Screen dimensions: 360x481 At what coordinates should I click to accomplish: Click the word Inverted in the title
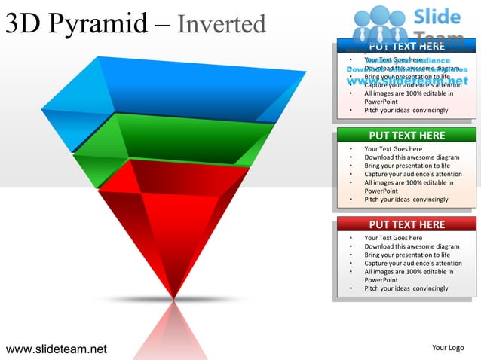[x=222, y=25]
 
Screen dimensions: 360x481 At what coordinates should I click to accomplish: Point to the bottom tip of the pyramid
[x=174, y=296]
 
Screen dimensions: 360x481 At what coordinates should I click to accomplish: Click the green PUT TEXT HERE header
[x=406, y=136]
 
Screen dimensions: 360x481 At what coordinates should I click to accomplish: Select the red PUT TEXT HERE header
[x=406, y=224]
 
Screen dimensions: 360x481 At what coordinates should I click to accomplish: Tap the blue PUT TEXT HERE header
[x=406, y=47]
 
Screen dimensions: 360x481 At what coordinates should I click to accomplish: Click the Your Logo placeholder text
[x=447, y=348]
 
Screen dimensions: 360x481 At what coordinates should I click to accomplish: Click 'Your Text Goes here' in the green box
[x=393, y=149]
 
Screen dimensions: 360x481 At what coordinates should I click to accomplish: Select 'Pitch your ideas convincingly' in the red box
[x=406, y=288]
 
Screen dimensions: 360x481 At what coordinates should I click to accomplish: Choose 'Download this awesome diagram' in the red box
[x=412, y=246]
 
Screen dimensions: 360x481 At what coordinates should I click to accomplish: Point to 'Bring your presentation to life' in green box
[x=407, y=166]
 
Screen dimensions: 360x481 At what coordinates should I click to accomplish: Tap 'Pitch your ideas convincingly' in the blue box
[x=406, y=111]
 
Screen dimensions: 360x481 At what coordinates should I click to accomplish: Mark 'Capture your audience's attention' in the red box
[x=413, y=264]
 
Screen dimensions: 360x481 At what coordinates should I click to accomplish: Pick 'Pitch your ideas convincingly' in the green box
[x=406, y=200]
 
